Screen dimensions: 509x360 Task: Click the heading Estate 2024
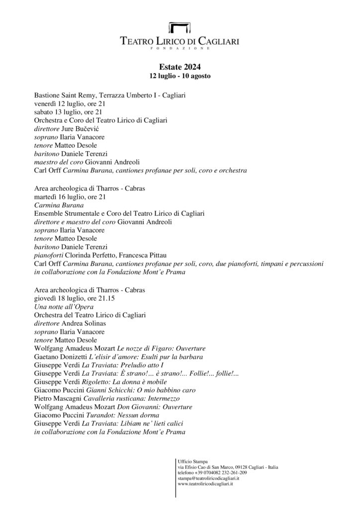(x=180, y=67)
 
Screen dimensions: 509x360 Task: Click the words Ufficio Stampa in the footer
(x=193, y=461)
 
